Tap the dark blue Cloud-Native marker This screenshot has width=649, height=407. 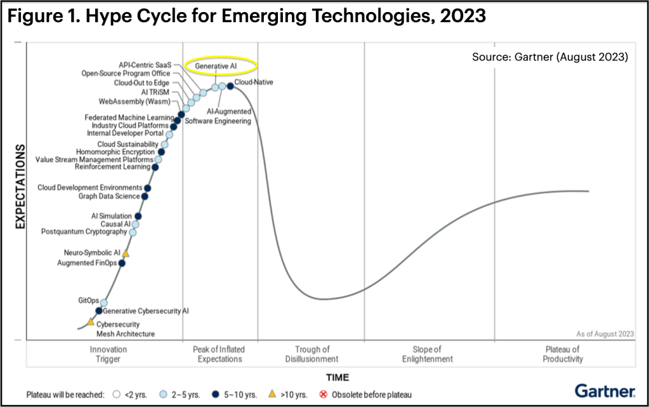pyautogui.click(x=230, y=86)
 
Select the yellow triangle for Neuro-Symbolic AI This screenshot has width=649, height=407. pyautogui.click(x=126, y=253)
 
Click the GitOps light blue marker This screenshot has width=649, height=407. pyautogui.click(x=104, y=303)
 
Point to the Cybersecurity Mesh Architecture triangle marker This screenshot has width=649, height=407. pyautogui.click(x=91, y=322)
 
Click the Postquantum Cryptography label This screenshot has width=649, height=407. pyautogui.click(x=84, y=232)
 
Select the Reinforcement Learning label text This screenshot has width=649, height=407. pyautogui.click(x=112, y=167)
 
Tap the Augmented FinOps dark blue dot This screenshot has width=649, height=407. pyautogui.click(x=122, y=263)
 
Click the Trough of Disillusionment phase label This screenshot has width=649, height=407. pyautogui.click(x=312, y=354)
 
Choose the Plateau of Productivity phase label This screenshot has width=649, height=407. pyautogui.click(x=563, y=354)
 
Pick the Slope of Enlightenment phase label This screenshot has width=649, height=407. pyautogui.click(x=427, y=354)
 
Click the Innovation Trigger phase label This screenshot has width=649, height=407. pyautogui.click(x=107, y=354)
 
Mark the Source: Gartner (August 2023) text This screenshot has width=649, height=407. pyautogui.click(x=549, y=57)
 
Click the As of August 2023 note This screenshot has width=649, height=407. pyautogui.click(x=605, y=334)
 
